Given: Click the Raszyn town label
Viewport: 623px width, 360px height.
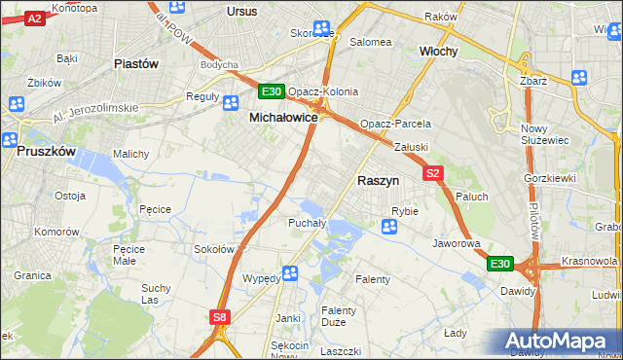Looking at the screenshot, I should [378, 181].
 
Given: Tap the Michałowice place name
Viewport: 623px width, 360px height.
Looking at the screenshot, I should [284, 117].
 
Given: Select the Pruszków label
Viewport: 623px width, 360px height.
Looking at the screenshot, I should [46, 152].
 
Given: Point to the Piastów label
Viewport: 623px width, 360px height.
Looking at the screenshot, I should [136, 64].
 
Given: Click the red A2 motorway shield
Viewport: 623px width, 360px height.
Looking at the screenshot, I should [34, 18].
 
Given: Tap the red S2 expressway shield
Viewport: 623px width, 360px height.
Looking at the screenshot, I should [434, 173].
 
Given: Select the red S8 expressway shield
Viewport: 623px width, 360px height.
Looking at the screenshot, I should [220, 316].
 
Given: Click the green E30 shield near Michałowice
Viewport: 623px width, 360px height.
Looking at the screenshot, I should [272, 92].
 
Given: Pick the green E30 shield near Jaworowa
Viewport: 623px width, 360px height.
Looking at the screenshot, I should [500, 264].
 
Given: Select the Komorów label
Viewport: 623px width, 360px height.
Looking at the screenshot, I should [55, 233].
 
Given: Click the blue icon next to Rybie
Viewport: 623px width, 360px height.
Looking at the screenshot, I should [389, 227].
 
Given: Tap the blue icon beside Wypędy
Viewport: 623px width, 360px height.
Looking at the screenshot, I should [289, 274].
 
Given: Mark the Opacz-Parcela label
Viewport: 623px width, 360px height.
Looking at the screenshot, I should [395, 125].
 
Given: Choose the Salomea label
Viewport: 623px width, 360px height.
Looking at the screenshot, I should [370, 43].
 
